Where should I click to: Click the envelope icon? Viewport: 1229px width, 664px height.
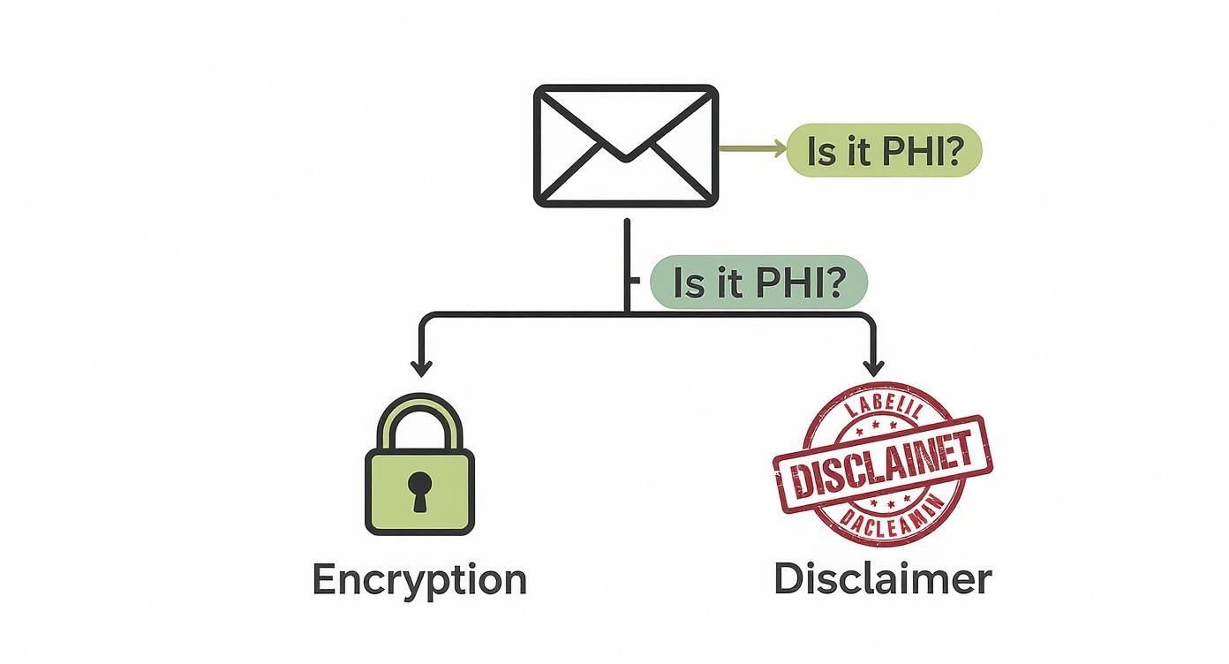(x=625, y=146)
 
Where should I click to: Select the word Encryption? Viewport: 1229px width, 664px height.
(x=419, y=580)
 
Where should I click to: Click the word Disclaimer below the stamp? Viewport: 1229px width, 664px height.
(x=882, y=580)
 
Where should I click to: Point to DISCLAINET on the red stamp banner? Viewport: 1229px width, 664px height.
(x=883, y=464)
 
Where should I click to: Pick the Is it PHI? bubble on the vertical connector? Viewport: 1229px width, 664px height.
(x=758, y=283)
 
